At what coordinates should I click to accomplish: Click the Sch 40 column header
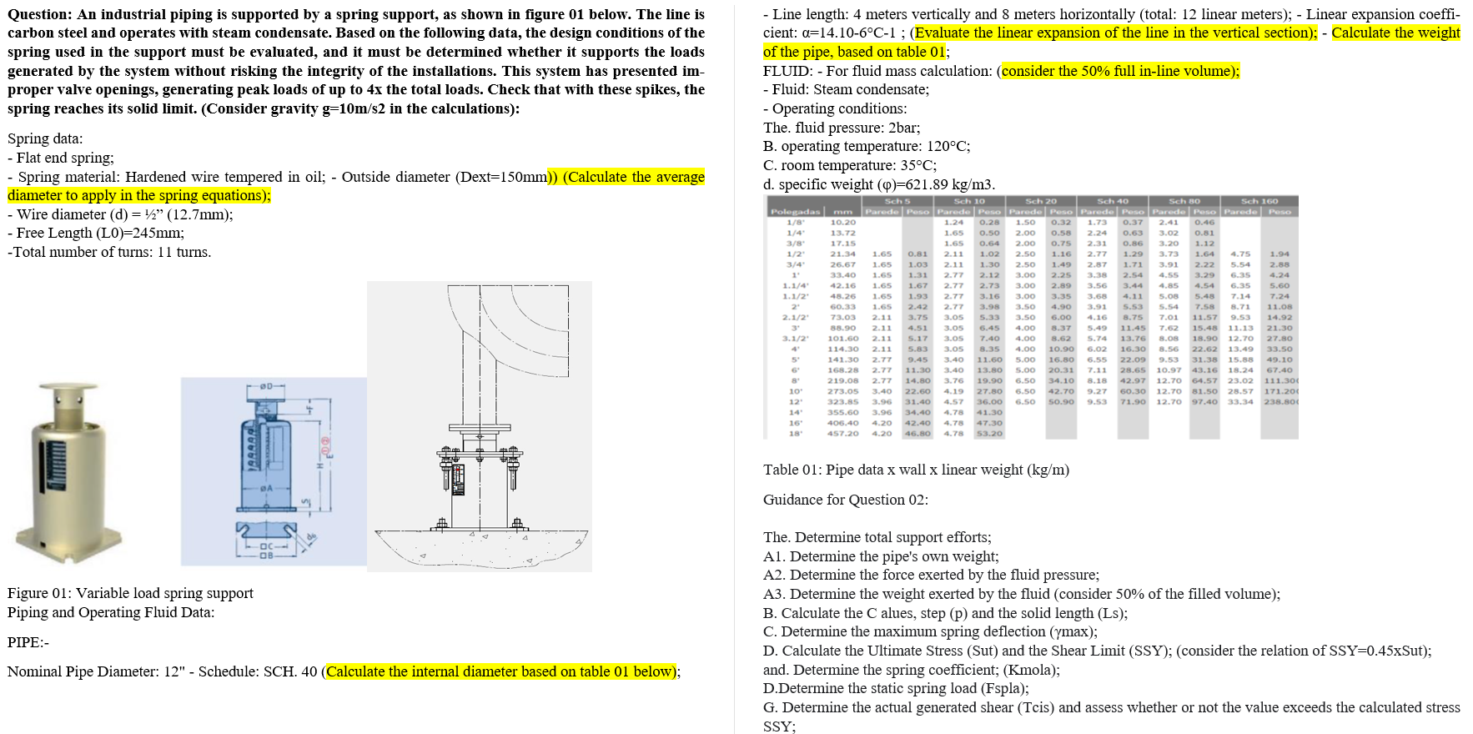pos(1112,201)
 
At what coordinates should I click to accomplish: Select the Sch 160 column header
pos(1259,201)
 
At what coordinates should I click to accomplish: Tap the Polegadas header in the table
pos(795,212)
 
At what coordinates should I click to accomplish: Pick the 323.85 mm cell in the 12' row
pos(842,402)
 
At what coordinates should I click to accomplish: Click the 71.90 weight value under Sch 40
pos(1133,402)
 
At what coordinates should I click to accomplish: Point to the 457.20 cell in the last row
pos(842,434)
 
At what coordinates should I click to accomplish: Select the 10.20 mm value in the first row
pos(842,223)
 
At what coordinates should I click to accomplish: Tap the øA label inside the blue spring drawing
pos(266,488)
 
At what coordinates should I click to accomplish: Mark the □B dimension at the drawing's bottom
pos(266,555)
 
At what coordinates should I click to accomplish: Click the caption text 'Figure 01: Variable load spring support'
pos(130,593)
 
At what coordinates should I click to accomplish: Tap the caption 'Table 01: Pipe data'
pos(915,470)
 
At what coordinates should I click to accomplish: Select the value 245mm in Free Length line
pos(158,234)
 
